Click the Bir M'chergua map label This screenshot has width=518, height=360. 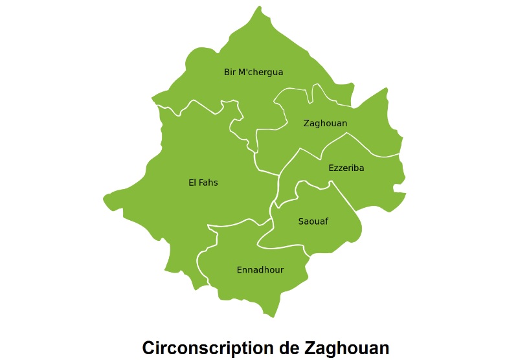coord(253,72)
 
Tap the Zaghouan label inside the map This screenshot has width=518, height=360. coord(325,123)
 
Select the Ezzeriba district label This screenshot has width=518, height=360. coord(346,168)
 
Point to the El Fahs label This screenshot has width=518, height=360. coord(203,183)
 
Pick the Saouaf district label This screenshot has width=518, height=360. coord(313,221)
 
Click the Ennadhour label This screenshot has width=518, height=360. coord(260,269)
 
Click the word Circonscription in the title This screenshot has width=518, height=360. coord(208,348)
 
